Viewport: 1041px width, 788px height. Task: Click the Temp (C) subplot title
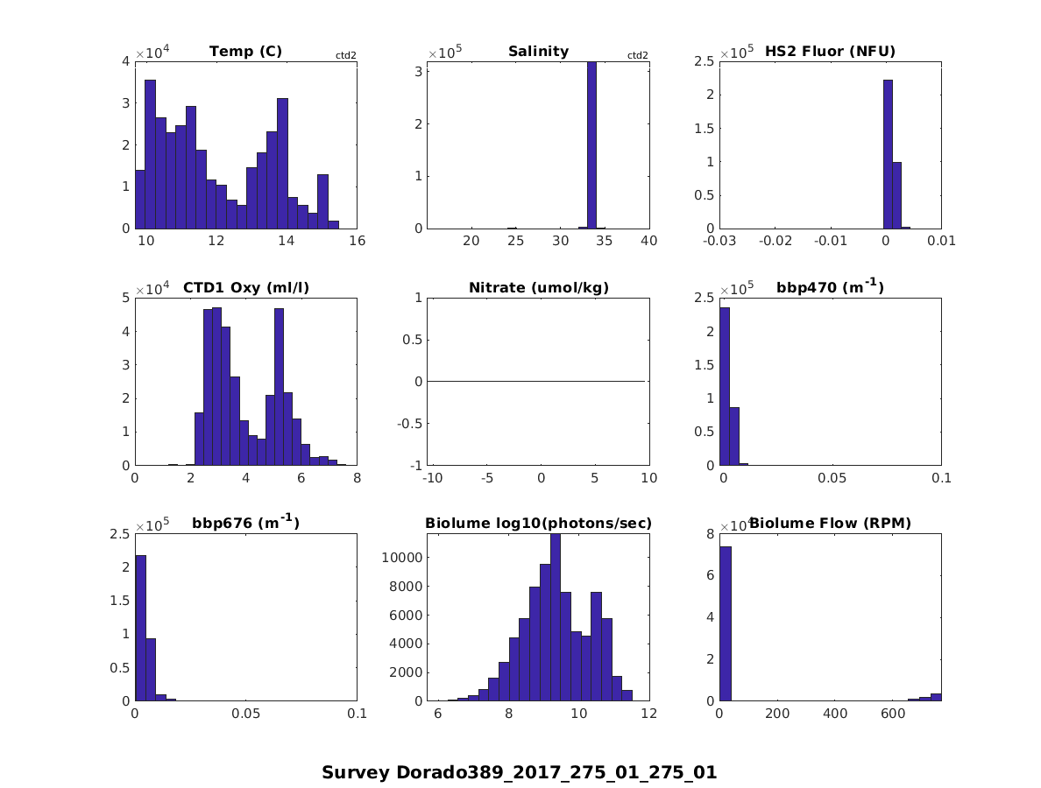coord(245,52)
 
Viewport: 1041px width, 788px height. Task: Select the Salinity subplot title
coord(538,52)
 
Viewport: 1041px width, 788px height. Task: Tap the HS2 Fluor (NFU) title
coord(830,52)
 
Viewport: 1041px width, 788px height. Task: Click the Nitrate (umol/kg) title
coord(538,288)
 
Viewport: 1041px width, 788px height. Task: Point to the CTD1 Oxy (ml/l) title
coord(245,288)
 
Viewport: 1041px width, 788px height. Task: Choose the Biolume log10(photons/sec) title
coord(538,524)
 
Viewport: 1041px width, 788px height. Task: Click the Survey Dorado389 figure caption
coord(520,772)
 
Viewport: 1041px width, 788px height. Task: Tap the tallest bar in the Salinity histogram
coord(591,144)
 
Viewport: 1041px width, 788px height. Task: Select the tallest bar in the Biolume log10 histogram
coord(556,617)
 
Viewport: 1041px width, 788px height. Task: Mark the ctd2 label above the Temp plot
coord(345,56)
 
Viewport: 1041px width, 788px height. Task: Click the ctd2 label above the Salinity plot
coord(638,56)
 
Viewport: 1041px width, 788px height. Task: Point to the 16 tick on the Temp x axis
coord(357,241)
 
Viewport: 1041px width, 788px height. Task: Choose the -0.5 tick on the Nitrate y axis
coord(410,423)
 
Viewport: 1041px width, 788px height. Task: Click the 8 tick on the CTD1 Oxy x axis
coord(357,478)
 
